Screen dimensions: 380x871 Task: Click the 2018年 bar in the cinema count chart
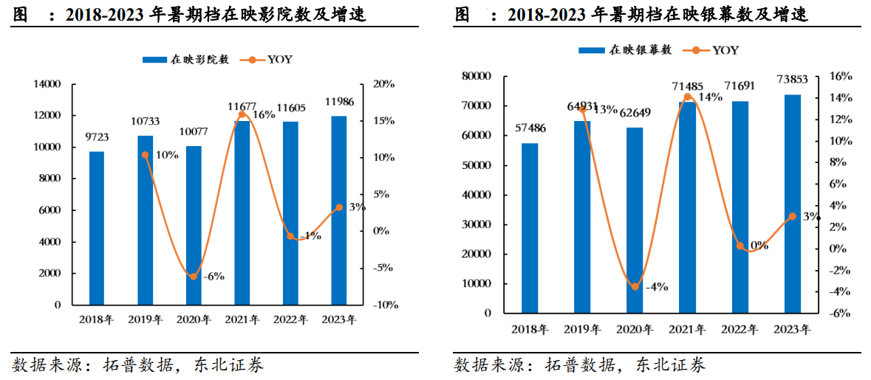point(97,228)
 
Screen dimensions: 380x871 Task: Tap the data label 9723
point(97,138)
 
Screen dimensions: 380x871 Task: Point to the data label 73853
point(792,79)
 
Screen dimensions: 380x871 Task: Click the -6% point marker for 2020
point(194,277)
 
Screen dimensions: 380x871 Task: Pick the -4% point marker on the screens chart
point(634,286)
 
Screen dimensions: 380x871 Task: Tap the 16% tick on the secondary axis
point(841,76)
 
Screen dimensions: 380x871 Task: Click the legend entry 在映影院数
point(188,59)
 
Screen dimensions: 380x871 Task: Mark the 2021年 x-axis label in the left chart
point(242,320)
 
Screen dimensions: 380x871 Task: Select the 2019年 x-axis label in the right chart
point(582,329)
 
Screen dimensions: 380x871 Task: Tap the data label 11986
point(339,101)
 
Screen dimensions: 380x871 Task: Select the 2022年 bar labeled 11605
point(290,213)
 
